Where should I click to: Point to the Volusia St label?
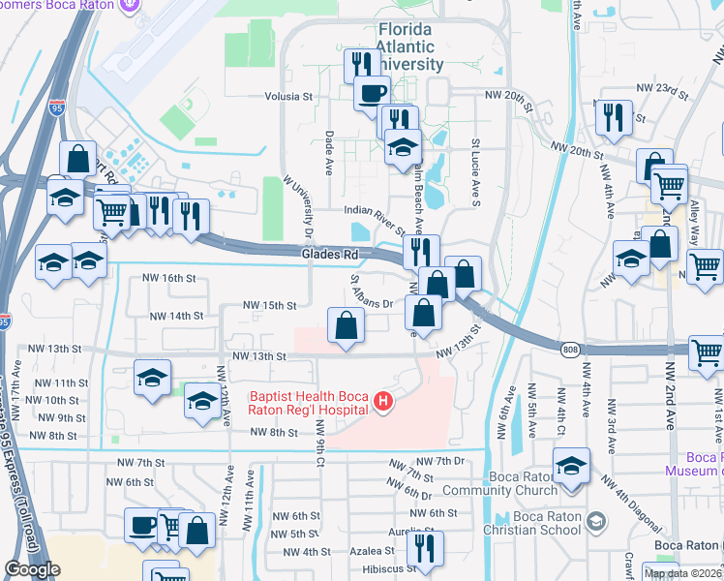(x=289, y=97)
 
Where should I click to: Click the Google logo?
(x=32, y=569)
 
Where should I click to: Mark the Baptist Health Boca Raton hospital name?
(x=310, y=403)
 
